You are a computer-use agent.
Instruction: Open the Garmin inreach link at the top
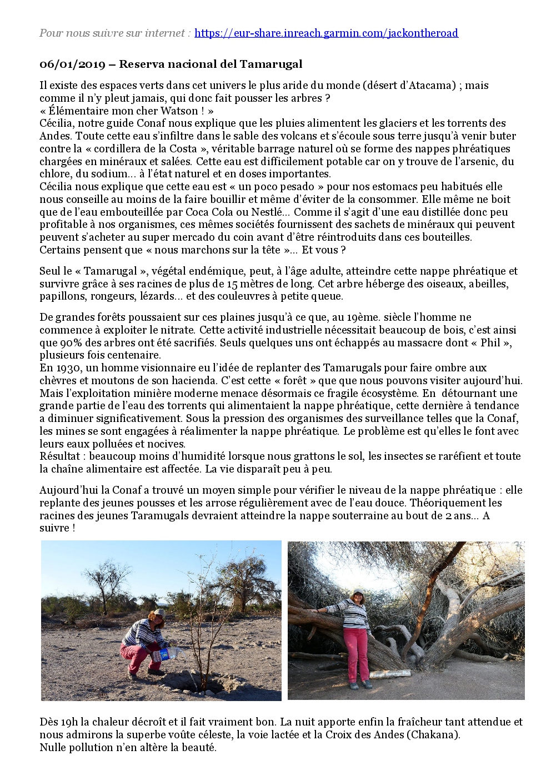(327, 33)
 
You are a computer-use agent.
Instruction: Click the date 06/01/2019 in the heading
(72, 64)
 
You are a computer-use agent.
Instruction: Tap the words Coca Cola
(214, 212)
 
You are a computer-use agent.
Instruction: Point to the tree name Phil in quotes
(490, 342)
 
